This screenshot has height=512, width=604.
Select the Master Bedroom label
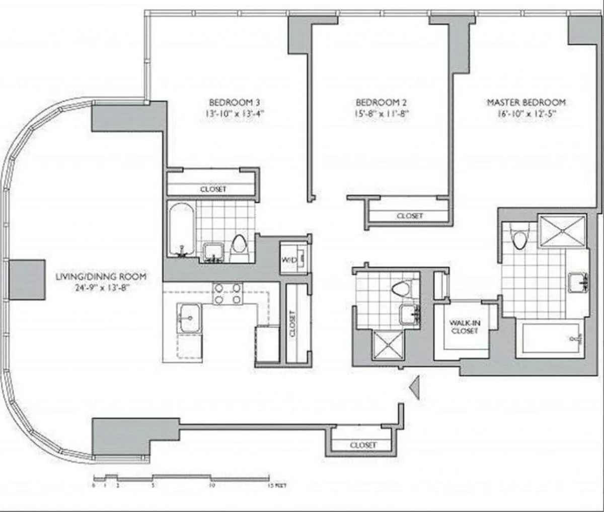pyautogui.click(x=526, y=102)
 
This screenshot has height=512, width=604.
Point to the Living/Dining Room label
pyautogui.click(x=101, y=276)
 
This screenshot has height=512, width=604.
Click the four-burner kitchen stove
pyautogui.click(x=228, y=293)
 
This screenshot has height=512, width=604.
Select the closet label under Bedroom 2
pyautogui.click(x=410, y=216)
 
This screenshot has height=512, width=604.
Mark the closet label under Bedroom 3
pyautogui.click(x=213, y=189)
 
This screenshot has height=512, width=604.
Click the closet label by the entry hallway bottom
pyautogui.click(x=363, y=445)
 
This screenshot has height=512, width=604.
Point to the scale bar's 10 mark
pyautogui.click(x=212, y=486)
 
